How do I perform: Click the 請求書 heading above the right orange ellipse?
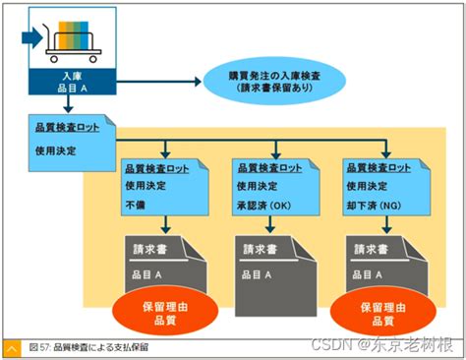(x=372, y=249)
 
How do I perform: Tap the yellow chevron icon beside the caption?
(x=12, y=348)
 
